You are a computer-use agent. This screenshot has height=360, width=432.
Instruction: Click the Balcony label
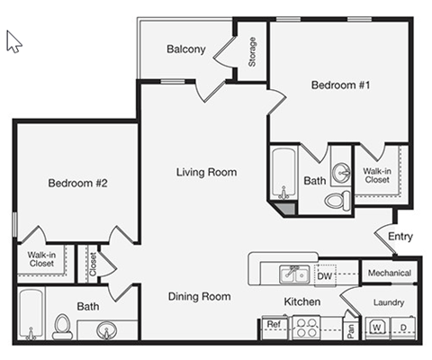tap(186, 49)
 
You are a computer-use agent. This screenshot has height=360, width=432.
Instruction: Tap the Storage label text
tap(252, 51)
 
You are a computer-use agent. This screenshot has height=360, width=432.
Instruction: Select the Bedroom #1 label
tap(341, 85)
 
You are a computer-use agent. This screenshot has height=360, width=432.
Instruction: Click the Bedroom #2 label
tap(77, 184)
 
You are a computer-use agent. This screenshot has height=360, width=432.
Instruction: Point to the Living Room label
tap(206, 172)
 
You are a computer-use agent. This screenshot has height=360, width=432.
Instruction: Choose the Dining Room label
tap(199, 296)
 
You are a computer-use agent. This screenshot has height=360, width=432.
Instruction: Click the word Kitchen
tap(301, 301)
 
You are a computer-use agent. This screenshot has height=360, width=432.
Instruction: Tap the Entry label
tap(400, 238)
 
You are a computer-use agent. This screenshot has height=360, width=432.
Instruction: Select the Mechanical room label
tap(389, 273)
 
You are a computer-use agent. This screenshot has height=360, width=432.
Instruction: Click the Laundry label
tap(389, 302)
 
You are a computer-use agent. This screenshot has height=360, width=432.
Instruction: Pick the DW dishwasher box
tap(325, 276)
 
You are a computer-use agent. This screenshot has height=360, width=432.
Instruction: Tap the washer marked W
tap(378, 326)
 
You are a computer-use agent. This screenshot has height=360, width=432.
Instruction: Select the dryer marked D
tap(402, 326)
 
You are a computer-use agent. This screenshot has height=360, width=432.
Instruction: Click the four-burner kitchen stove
tap(305, 328)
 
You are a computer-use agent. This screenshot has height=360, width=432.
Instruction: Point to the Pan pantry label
tap(350, 328)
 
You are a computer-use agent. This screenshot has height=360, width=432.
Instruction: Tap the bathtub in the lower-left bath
tap(31, 315)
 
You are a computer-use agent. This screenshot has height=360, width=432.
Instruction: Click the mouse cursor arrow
tap(13, 40)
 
